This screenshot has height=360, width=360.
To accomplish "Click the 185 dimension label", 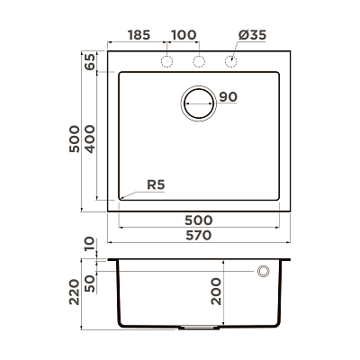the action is pyautogui.click(x=139, y=35).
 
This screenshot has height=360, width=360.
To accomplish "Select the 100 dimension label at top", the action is pyautogui.click(x=184, y=35).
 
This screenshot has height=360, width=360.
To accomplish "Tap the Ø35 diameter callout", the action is pyautogui.click(x=252, y=35).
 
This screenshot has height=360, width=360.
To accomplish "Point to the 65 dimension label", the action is pyautogui.click(x=89, y=62).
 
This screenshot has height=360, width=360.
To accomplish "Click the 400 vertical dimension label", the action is pyautogui.click(x=89, y=139).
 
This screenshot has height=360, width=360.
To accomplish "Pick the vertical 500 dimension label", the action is pyautogui.click(x=75, y=139).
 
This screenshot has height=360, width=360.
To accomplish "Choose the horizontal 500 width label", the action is pyautogui.click(x=199, y=220).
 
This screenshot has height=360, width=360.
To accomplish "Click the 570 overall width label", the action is pyautogui.click(x=199, y=236).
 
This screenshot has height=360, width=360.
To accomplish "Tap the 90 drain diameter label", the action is pyautogui.click(x=229, y=97).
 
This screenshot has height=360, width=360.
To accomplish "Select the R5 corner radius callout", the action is pyautogui.click(x=156, y=184).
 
